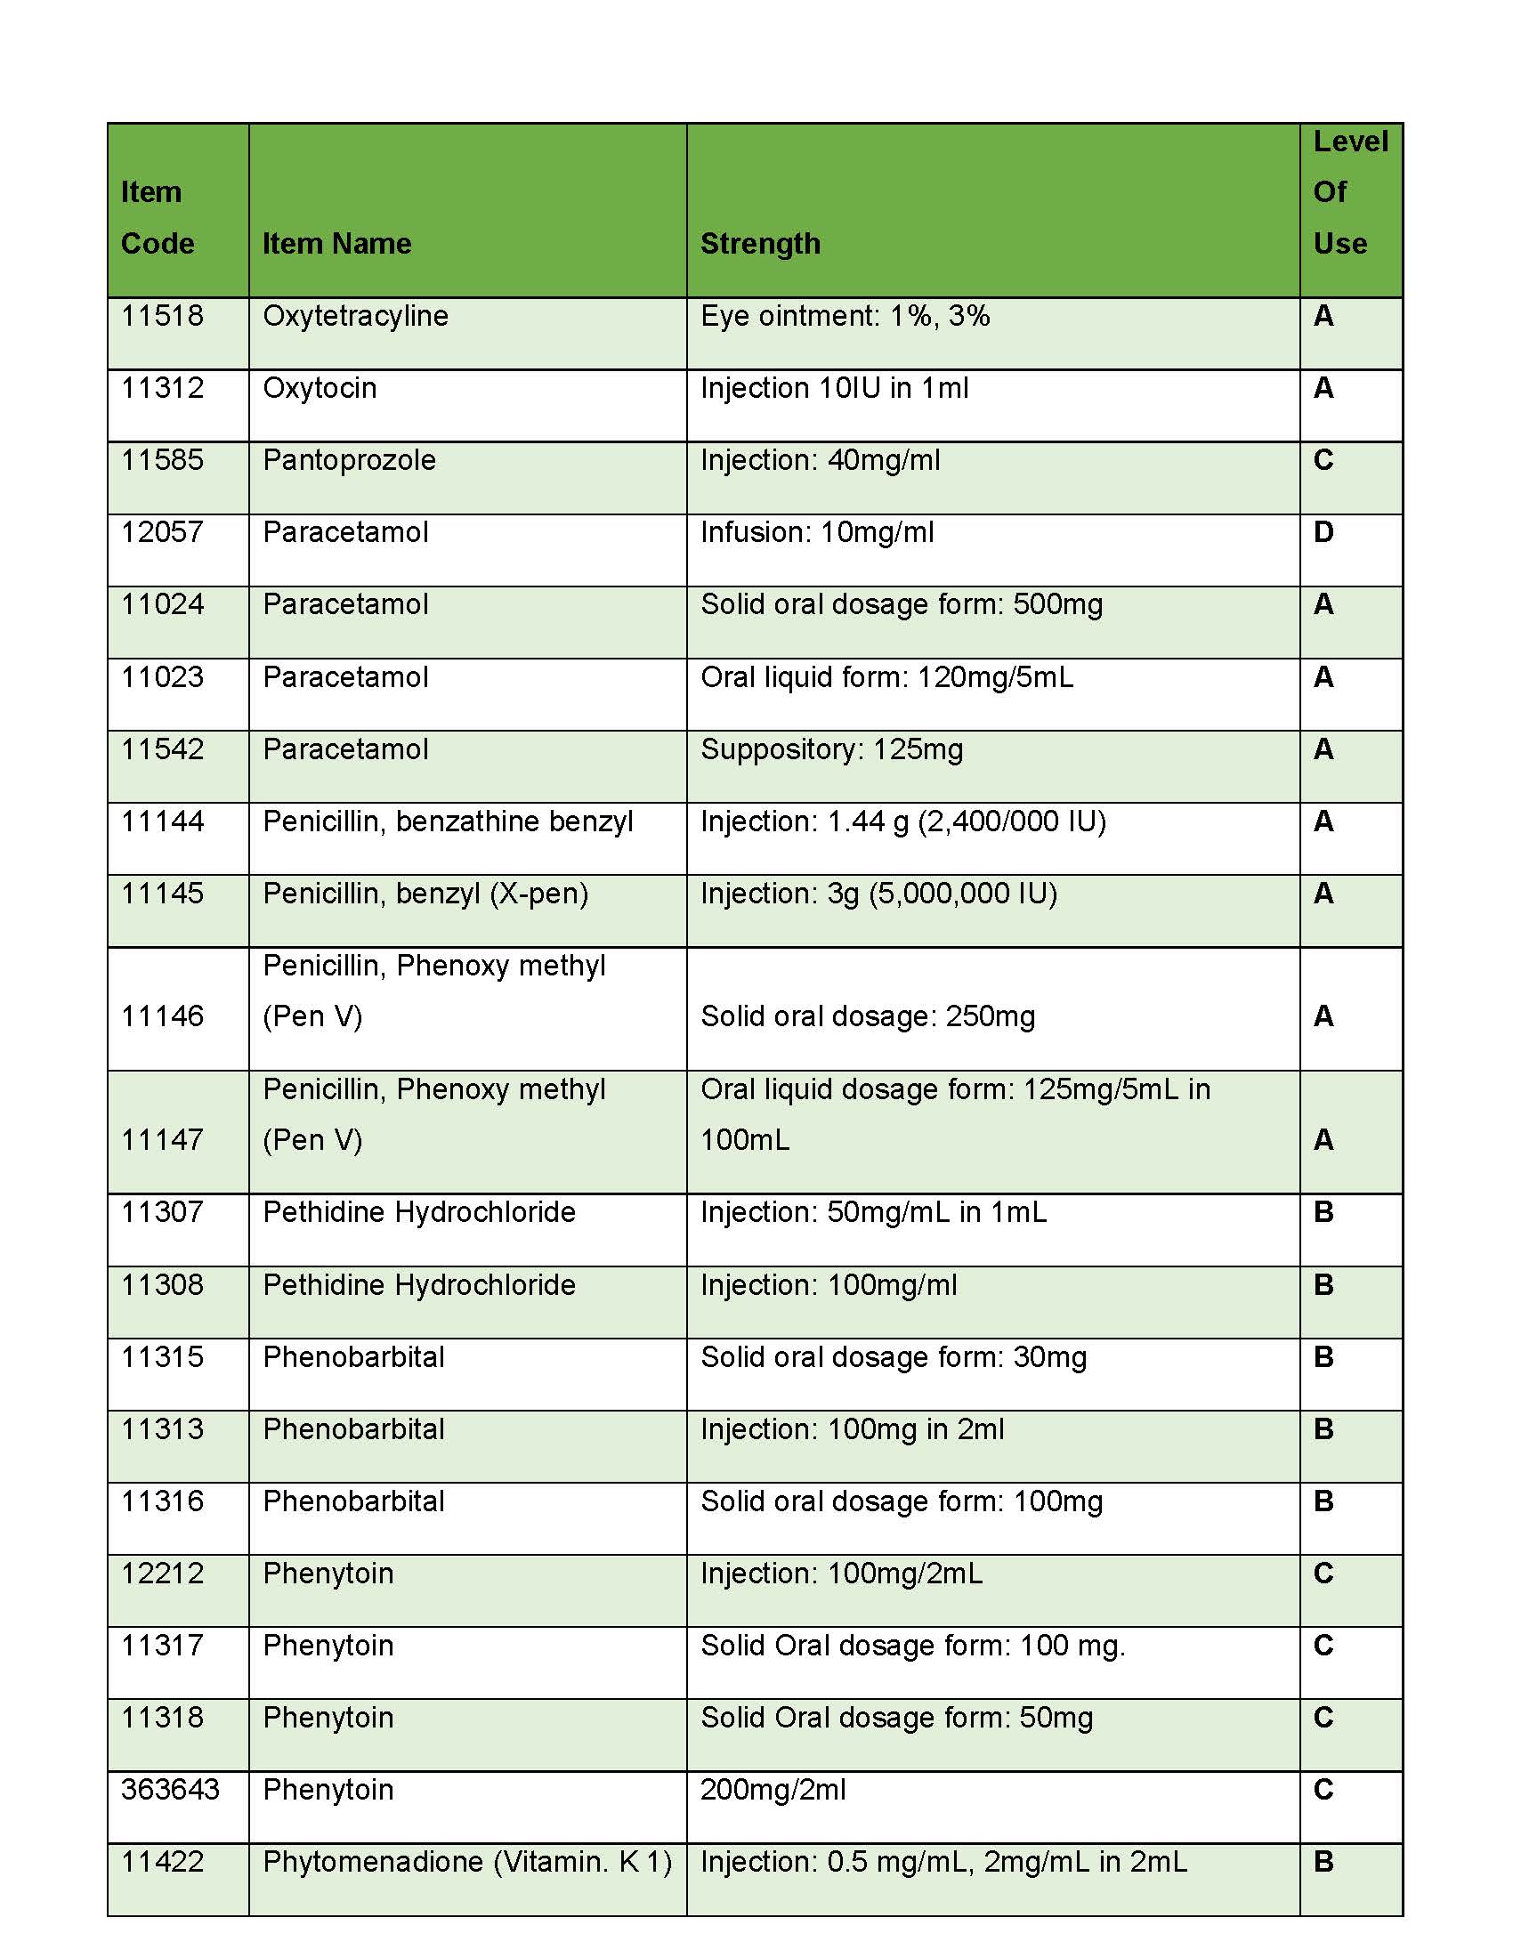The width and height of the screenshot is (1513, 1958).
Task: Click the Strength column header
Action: coord(760,244)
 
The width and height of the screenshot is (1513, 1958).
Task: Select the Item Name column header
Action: coord(337,244)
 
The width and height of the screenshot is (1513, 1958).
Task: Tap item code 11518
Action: coord(162,317)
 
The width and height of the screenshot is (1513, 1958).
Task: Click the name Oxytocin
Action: coord(320,388)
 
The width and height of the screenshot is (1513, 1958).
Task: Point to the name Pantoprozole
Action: coord(350,460)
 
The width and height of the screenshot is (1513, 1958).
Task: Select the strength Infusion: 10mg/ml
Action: coord(816,532)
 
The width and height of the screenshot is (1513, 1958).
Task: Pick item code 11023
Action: coord(162,677)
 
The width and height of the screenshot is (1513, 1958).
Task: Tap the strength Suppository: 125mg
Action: coord(832,749)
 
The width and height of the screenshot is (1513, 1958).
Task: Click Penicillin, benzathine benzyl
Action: coord(449,821)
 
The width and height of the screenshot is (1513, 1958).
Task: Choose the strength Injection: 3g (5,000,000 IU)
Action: coord(878,894)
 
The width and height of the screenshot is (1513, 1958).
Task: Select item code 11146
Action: coord(162,1016)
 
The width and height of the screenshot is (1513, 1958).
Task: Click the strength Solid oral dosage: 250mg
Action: coord(868,1016)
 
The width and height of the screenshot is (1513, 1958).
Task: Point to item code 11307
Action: coord(162,1212)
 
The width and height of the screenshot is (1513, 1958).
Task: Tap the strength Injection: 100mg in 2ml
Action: coord(852,1429)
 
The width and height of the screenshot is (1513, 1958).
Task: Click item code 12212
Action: coord(162,1574)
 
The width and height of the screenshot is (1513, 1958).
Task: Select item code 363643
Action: coord(170,1790)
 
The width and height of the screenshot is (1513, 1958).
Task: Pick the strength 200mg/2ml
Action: coord(773,1790)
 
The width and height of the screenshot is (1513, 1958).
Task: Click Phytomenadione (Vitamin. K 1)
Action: coord(467,1862)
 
